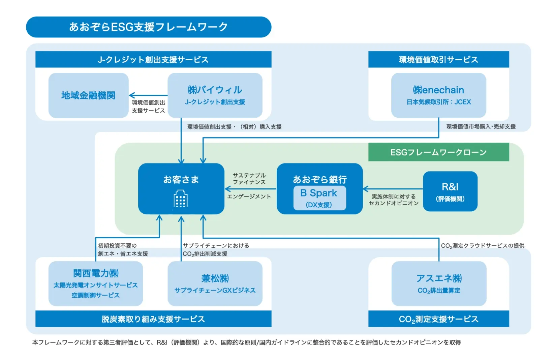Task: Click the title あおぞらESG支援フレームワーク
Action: click(148, 27)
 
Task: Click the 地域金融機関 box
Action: click(88, 95)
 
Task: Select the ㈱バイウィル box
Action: click(215, 95)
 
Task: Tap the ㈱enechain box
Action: click(438, 95)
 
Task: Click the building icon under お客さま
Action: click(181, 199)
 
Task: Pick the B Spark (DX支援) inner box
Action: click(319, 198)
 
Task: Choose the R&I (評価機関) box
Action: click(450, 191)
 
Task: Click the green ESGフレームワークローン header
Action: click(438, 152)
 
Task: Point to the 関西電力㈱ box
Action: click(96, 283)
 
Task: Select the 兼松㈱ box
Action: click(215, 283)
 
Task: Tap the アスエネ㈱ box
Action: click(439, 283)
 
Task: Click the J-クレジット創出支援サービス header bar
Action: click(153, 60)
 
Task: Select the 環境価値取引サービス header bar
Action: click(438, 60)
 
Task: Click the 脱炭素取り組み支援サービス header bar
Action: click(153, 319)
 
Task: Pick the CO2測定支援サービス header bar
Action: click(438, 319)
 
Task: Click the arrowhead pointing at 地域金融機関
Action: click(132, 95)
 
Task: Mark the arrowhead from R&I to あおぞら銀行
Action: click(366, 189)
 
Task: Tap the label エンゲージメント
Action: click(249, 197)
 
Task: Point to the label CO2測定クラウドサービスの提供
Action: click(483, 246)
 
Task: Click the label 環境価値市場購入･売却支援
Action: click(481, 127)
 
